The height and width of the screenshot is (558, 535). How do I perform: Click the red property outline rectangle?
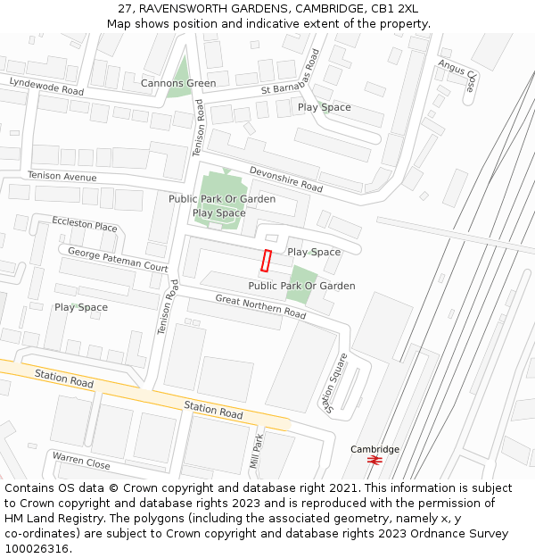coord(265,261)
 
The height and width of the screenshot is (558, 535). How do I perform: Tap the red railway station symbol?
coord(374,461)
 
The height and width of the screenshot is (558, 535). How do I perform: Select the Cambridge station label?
coord(374,449)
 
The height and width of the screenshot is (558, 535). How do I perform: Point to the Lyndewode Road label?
coord(46,87)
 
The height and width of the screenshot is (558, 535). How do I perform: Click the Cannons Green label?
coord(178,84)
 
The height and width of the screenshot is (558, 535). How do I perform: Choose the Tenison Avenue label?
coord(62,177)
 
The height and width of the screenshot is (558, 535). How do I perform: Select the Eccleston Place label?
coord(84,223)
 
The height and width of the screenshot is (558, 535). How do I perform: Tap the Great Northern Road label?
coord(260,307)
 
